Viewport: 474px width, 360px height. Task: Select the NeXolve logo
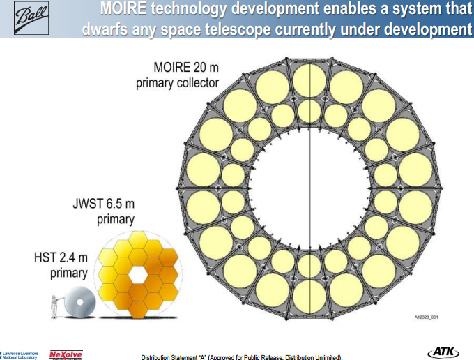66,354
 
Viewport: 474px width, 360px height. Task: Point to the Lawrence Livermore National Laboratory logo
20,355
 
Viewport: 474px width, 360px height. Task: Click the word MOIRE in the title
124,10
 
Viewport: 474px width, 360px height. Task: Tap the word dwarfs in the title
106,30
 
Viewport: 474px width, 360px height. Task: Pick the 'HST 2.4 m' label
61,257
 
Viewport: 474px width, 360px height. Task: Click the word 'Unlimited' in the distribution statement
322,357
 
